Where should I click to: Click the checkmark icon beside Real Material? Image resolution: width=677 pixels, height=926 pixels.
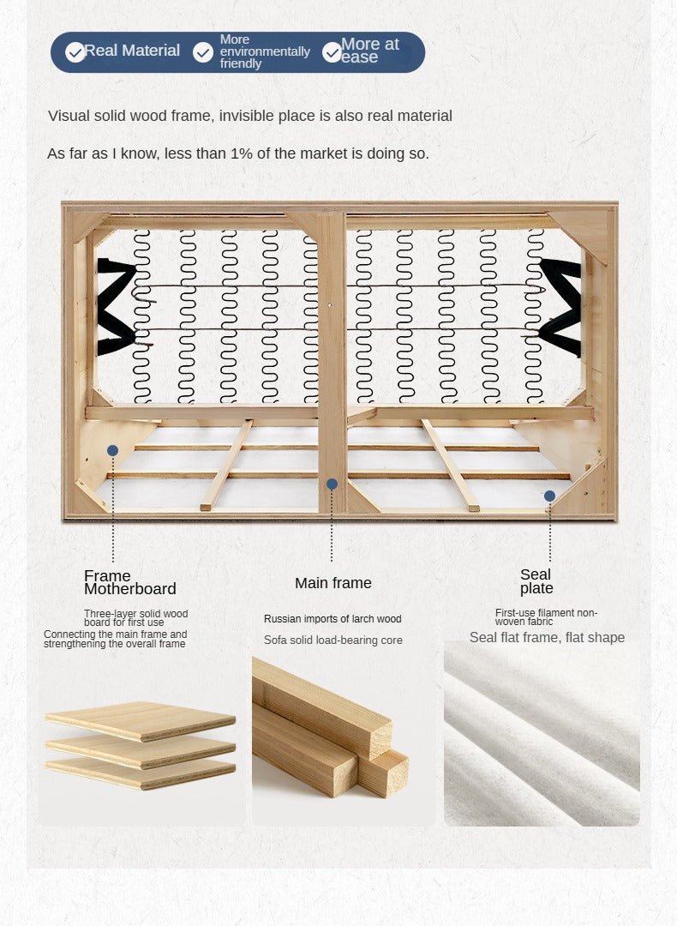tap(75, 52)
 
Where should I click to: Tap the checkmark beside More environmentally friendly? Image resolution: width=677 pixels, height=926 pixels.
tap(203, 52)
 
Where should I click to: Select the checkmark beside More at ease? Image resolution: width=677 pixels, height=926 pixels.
tap(333, 52)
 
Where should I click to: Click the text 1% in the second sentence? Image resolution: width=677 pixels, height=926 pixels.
tap(242, 153)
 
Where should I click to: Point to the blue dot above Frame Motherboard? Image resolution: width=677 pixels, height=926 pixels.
tap(113, 451)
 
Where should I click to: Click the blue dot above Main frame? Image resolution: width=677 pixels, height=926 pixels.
tap(332, 484)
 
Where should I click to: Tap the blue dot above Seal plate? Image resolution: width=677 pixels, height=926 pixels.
tap(549, 496)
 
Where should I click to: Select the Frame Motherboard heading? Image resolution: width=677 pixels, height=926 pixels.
tap(130, 582)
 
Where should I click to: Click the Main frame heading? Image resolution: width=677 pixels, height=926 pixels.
tap(333, 583)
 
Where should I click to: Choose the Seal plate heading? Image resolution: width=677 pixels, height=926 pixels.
tap(536, 581)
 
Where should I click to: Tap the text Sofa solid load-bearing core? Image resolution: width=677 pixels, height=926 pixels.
tap(333, 640)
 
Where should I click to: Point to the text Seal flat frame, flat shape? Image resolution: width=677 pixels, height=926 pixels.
tap(547, 637)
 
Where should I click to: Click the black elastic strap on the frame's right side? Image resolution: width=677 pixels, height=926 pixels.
tap(560, 307)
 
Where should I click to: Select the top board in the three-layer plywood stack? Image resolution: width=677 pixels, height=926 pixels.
tap(141, 720)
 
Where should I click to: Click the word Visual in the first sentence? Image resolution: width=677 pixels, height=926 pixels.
tap(65, 116)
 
